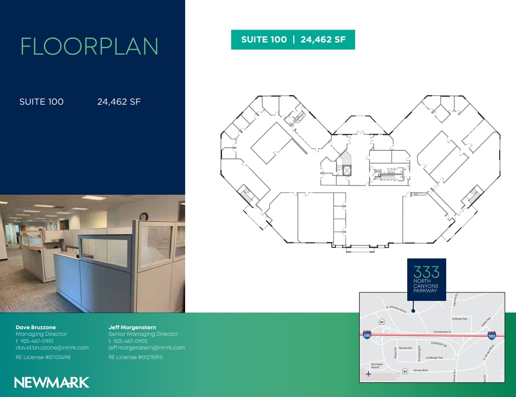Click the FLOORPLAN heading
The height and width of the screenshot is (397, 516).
tap(90, 47)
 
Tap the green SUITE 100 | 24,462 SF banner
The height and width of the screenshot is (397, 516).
tap(293, 40)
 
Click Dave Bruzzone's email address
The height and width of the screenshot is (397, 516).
tap(52, 347)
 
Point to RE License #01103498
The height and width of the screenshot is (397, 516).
tap(43, 357)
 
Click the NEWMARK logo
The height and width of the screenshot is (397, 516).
tap(52, 382)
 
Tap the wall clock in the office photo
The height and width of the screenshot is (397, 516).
tap(144, 216)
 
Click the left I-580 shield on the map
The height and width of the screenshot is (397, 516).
tap(367, 334)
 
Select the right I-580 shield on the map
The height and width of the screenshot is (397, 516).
tap(491, 335)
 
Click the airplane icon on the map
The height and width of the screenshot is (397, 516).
tap(368, 374)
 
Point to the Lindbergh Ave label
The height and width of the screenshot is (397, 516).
tap(434, 358)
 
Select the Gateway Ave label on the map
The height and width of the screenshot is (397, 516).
tap(459, 319)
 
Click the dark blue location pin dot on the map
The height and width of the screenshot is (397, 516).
tap(413, 311)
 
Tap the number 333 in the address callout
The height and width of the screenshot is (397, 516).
tap(426, 272)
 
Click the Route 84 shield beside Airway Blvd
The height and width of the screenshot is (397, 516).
tap(405, 371)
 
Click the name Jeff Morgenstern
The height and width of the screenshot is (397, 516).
tap(132, 327)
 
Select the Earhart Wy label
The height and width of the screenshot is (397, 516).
tap(406, 348)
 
